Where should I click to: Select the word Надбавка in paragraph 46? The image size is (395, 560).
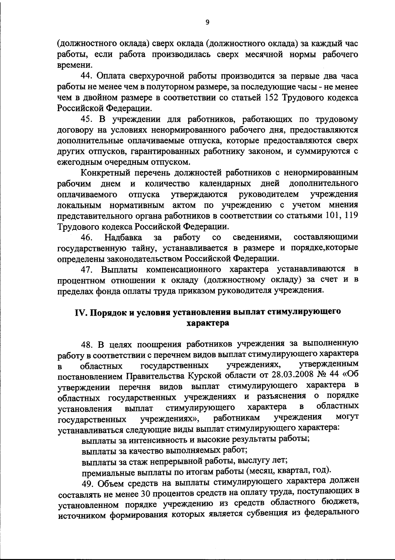click(x=123, y=237)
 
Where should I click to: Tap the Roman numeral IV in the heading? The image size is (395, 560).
click(x=80, y=312)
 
